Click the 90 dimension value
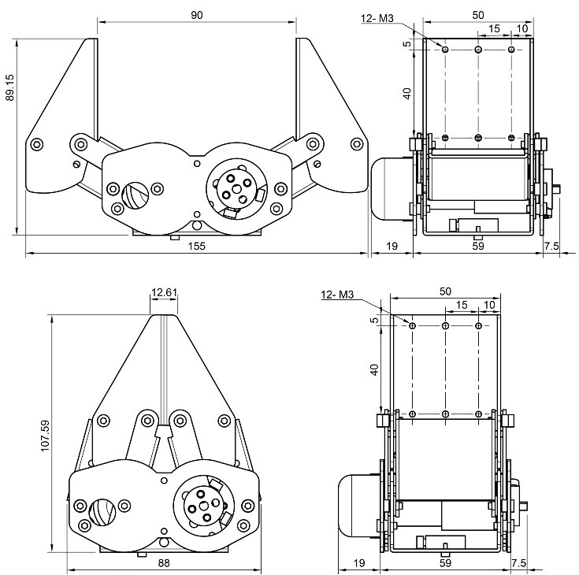[x=197, y=15]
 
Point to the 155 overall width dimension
[x=197, y=246]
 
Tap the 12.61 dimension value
[x=164, y=293]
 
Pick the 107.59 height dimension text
[x=45, y=434]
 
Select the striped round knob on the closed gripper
[x=102, y=512]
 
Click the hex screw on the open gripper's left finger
[x=37, y=145]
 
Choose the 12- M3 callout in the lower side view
[x=338, y=295]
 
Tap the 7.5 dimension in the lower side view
[x=518, y=562]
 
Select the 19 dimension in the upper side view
[x=392, y=246]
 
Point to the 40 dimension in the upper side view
[x=407, y=92]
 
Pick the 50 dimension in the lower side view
[x=446, y=291]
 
